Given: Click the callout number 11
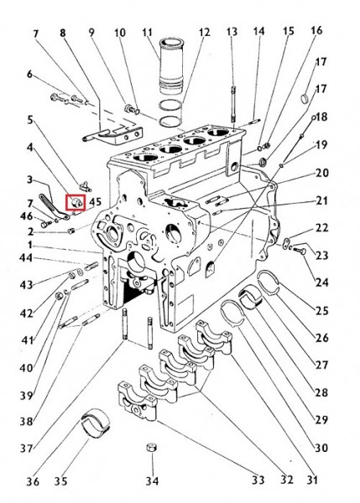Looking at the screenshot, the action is (x=148, y=33).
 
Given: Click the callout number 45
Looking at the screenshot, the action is (x=95, y=202).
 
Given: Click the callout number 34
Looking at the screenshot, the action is (x=152, y=480).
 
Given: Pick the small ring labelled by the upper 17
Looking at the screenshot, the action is (x=305, y=98).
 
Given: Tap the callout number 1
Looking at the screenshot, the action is (x=30, y=246).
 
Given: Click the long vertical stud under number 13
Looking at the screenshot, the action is (x=233, y=104).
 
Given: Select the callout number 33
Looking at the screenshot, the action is (x=258, y=480).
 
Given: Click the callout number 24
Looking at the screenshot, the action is (x=321, y=283).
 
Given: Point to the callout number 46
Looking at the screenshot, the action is (x=26, y=216).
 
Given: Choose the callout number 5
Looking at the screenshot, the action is (x=30, y=120).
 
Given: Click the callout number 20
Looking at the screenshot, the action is (x=322, y=174).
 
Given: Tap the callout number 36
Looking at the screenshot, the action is (x=33, y=481).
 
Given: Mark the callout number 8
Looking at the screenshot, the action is (x=62, y=33).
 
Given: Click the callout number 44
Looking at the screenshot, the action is (x=26, y=257).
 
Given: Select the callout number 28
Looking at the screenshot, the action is (x=321, y=392).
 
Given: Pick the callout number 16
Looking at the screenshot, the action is (x=316, y=30).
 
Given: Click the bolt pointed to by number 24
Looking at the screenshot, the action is (x=300, y=250).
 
